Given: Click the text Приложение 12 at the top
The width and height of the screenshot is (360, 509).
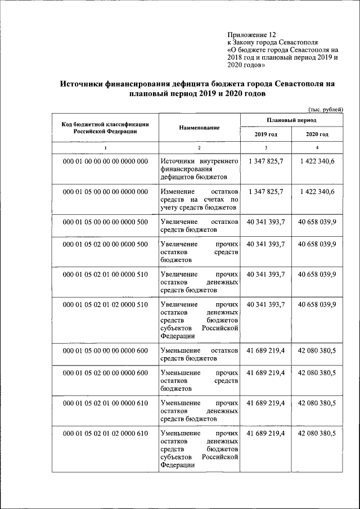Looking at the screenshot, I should click(x=251, y=34).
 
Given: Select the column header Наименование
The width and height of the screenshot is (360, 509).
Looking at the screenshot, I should click(x=199, y=128).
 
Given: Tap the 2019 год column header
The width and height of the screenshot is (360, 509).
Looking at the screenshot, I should click(x=266, y=134).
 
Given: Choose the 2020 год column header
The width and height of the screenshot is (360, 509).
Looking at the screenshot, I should click(x=317, y=134).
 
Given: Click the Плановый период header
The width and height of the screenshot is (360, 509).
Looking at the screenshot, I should click(x=291, y=120).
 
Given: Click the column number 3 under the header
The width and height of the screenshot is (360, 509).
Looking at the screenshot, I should click(x=266, y=147).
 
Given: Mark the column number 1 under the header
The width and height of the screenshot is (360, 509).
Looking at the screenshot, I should click(x=105, y=147).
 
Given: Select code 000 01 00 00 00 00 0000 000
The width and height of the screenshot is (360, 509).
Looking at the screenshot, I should click(x=105, y=161).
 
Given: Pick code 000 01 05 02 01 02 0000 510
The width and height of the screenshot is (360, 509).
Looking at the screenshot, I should click(x=105, y=304).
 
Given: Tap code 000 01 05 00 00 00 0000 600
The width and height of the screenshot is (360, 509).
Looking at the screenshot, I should click(x=105, y=350).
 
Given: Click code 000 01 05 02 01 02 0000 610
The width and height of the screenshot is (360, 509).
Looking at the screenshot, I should click(x=105, y=433).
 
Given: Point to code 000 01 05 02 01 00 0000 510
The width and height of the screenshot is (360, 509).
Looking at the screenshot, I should click(x=105, y=274).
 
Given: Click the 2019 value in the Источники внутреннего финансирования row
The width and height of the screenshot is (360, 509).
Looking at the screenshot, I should click(x=266, y=161).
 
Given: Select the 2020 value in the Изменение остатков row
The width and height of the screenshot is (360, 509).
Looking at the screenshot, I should click(x=317, y=192).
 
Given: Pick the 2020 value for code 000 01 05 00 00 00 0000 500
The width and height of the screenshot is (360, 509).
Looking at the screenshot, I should click(x=317, y=222).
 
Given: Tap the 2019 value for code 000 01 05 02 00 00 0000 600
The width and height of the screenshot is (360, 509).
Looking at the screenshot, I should click(x=266, y=372).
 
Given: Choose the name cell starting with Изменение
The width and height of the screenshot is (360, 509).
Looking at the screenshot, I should click(x=199, y=200).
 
